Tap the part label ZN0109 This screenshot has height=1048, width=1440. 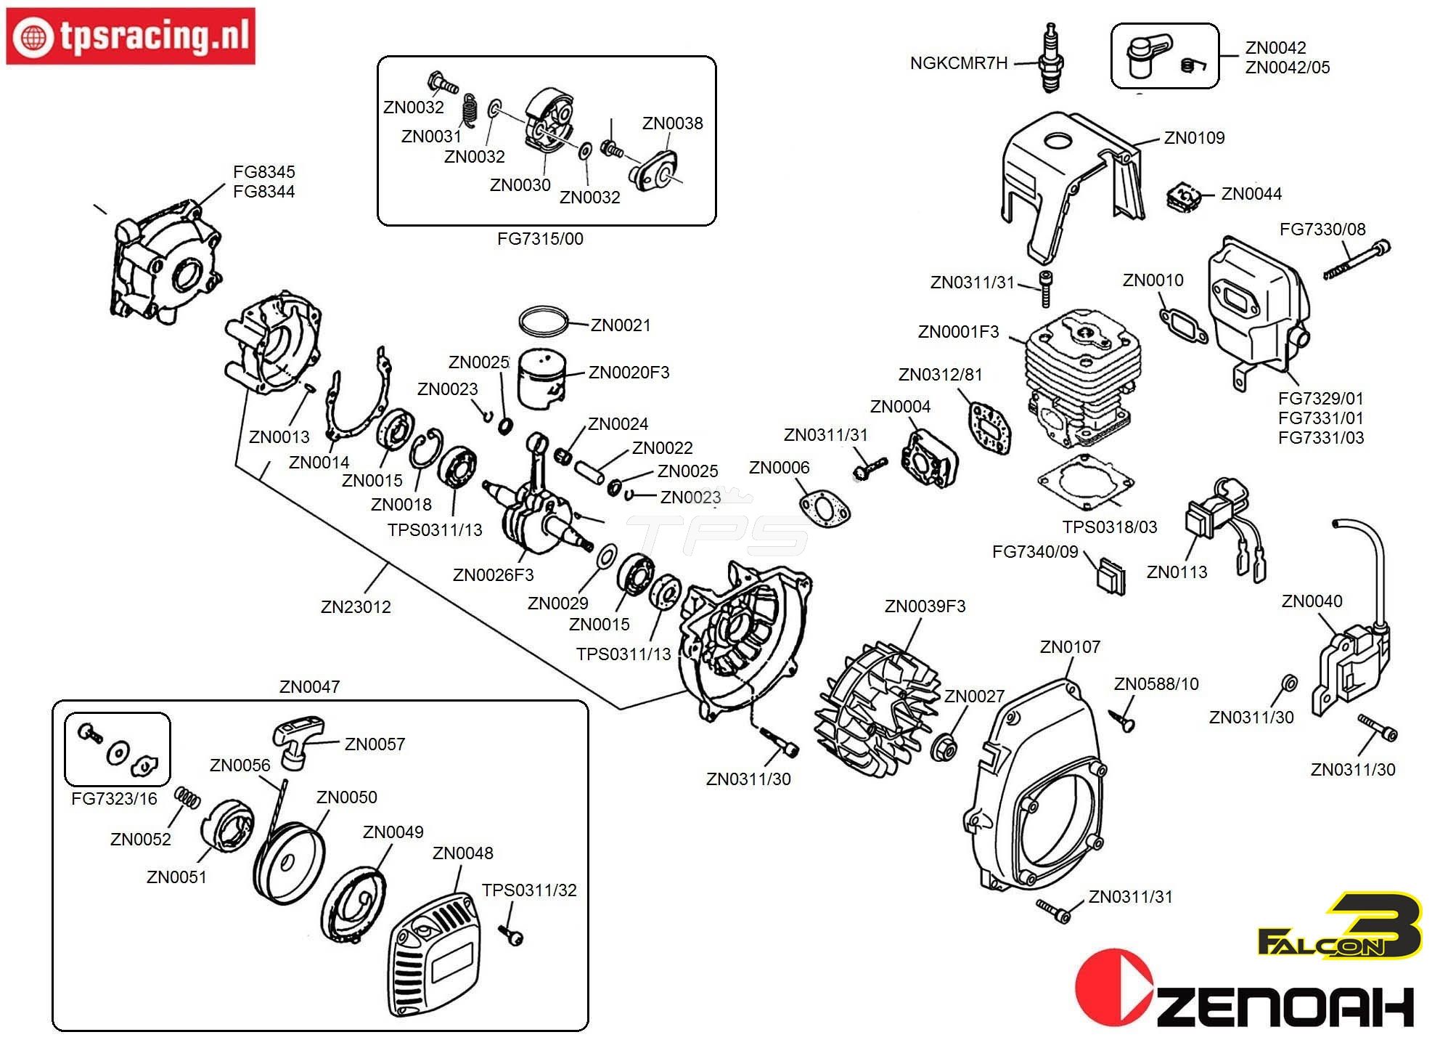(1194, 138)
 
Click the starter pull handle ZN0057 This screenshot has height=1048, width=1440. (297, 742)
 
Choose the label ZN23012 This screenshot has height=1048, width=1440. (356, 607)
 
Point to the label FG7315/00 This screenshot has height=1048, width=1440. (540, 239)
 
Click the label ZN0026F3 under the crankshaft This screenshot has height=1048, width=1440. (493, 575)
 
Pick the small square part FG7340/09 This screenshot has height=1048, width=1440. (1110, 577)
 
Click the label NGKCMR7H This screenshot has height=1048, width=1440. (959, 63)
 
